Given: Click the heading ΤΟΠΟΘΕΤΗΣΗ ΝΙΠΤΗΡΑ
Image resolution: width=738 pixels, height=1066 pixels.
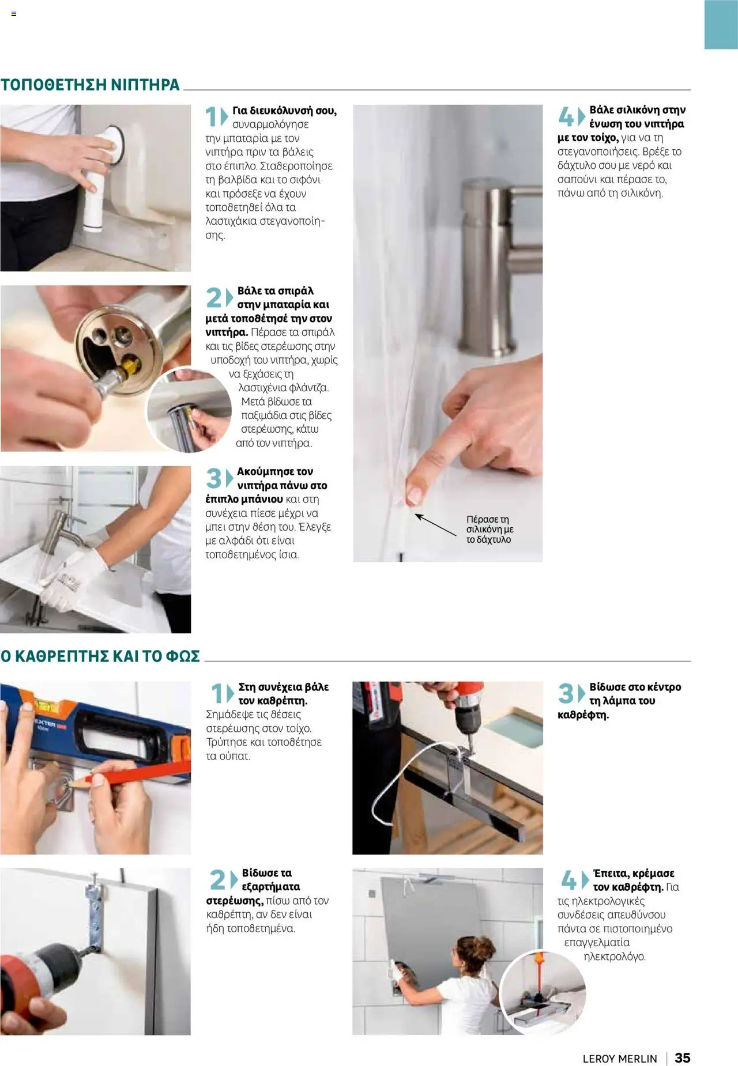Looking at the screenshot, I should [90, 85].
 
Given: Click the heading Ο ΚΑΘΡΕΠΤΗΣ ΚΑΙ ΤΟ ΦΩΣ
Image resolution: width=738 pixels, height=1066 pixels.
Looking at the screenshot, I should [100, 656].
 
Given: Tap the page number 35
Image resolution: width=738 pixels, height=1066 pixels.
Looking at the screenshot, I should [682, 1057].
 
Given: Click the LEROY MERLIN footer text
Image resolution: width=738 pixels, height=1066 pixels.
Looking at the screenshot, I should [620, 1059].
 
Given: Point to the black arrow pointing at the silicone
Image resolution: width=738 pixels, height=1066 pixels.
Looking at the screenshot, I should [435, 524].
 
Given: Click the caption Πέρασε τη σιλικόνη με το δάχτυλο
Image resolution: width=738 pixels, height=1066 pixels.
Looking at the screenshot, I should [490, 530].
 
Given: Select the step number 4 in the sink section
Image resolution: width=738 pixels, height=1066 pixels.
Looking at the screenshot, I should [566, 117].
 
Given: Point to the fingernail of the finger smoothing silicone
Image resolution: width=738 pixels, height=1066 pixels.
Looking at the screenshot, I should [413, 495].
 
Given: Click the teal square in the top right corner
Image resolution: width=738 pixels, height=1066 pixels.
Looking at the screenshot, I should [721, 24].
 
